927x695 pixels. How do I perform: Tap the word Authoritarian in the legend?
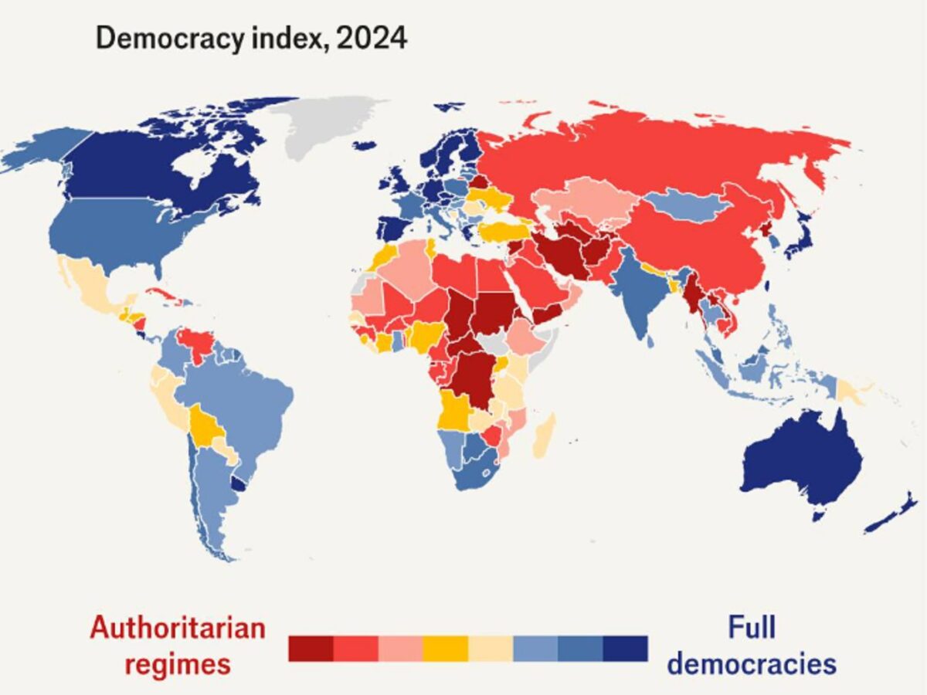[x=178, y=628]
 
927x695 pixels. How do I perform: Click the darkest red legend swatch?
[x=311, y=649]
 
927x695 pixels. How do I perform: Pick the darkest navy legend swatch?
[x=625, y=649]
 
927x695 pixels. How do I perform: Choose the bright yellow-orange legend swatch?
[x=446, y=649]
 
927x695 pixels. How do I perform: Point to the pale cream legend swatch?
[x=491, y=649]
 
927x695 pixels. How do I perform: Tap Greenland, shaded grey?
[x=324, y=127]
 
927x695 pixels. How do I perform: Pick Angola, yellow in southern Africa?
[x=455, y=409]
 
